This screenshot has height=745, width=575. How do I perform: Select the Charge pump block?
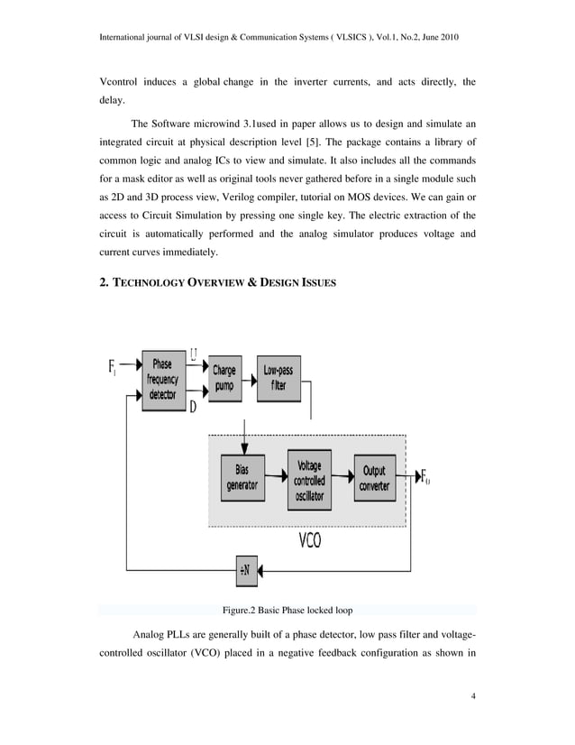[x=224, y=378]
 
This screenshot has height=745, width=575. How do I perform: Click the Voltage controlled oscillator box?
[x=309, y=479]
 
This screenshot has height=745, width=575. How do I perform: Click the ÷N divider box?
[x=245, y=570]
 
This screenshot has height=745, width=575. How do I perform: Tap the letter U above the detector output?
[x=196, y=352]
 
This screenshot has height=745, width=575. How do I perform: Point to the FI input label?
[x=113, y=367]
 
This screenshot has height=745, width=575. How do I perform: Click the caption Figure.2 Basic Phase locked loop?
[x=287, y=610]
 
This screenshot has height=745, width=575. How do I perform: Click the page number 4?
[x=473, y=696]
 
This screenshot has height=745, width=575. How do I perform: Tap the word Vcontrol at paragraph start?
[x=123, y=83]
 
